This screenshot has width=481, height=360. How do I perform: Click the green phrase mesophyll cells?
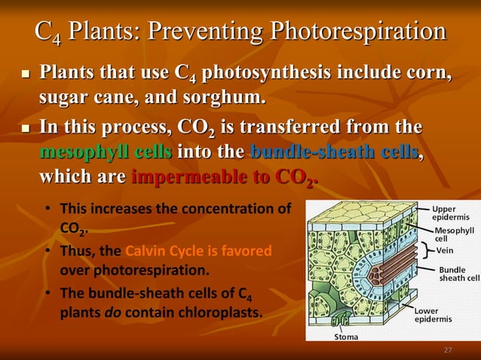105,153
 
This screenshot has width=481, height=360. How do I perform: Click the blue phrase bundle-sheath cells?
333,153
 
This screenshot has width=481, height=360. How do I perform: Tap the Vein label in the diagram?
445,250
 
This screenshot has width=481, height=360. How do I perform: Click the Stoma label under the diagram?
346,337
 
